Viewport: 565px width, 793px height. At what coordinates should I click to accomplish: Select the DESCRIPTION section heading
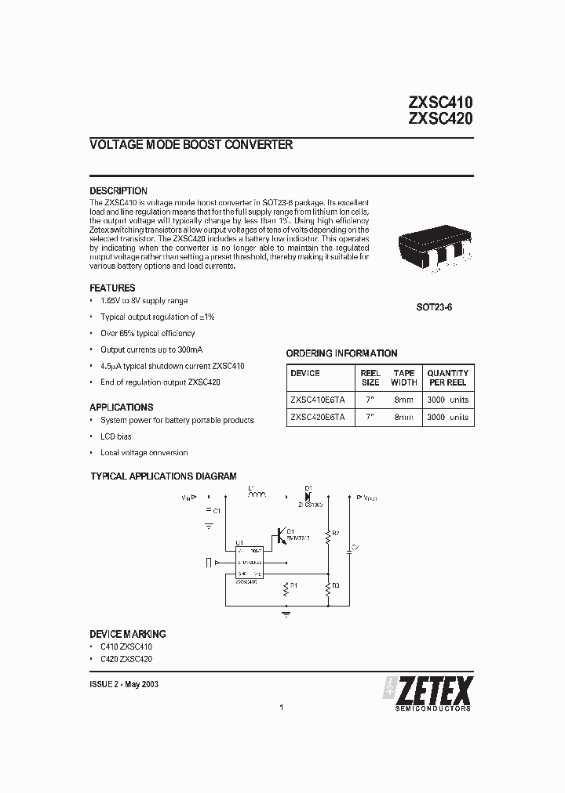tap(118, 191)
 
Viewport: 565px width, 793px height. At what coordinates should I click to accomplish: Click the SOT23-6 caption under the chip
tap(434, 308)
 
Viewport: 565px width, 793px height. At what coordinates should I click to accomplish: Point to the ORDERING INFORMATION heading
tap(341, 353)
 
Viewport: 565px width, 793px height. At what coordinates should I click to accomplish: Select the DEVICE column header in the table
tap(305, 373)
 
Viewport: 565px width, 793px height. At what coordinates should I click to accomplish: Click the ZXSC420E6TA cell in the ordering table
tap(317, 418)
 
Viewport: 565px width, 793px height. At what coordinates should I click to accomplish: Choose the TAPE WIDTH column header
tap(403, 378)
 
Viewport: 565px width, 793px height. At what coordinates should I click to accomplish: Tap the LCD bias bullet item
tap(115, 436)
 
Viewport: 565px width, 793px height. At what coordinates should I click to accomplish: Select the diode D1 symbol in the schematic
tap(308, 495)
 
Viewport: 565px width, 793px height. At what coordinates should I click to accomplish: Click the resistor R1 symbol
tap(286, 590)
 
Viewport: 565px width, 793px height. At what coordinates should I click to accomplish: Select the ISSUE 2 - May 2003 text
tap(125, 684)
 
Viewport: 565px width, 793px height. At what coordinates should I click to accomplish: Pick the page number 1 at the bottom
tap(281, 708)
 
